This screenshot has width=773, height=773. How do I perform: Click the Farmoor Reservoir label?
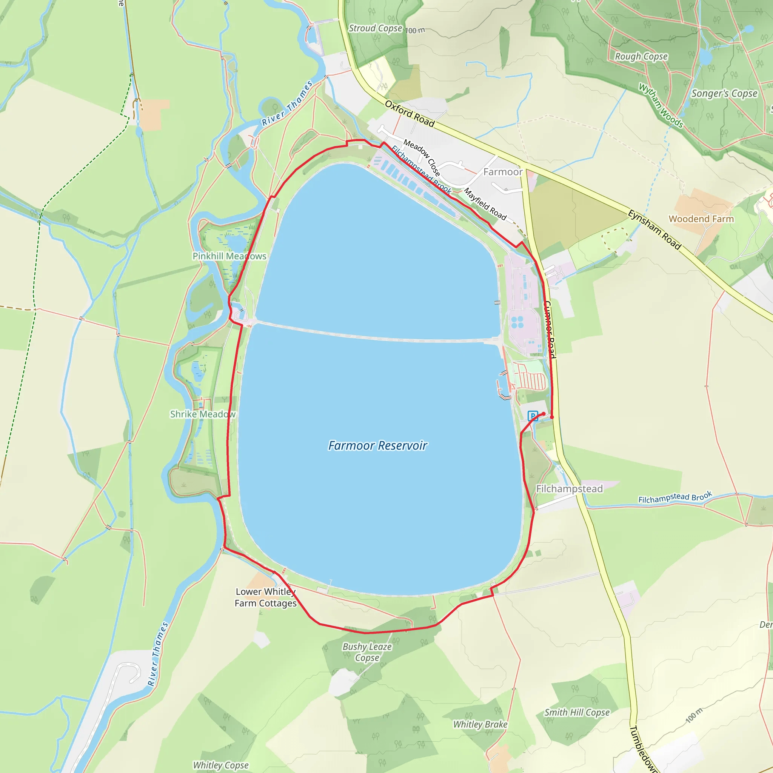click(x=378, y=445)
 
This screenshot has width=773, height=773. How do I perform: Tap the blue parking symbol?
click(x=533, y=416)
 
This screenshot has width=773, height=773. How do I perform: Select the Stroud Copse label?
click(x=375, y=28)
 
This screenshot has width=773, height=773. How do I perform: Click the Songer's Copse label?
click(x=724, y=94)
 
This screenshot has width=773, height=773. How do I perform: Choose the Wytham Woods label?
click(x=661, y=105)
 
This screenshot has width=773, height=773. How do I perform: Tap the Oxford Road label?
click(x=409, y=114)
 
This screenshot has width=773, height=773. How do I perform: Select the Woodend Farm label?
click(x=701, y=219)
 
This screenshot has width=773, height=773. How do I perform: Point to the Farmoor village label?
click(x=503, y=172)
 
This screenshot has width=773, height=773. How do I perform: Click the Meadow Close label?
click(x=422, y=157)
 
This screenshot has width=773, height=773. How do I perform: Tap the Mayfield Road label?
click(x=485, y=204)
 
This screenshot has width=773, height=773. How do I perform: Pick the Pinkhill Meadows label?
click(x=229, y=256)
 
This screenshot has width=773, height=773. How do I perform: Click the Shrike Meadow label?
click(x=203, y=414)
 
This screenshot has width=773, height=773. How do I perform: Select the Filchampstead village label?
click(x=569, y=489)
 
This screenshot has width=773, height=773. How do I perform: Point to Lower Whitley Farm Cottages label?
click(x=266, y=597)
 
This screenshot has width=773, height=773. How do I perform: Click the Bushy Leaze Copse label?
click(x=367, y=652)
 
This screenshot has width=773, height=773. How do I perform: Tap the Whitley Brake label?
click(x=480, y=724)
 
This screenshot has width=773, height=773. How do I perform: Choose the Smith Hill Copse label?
click(x=577, y=712)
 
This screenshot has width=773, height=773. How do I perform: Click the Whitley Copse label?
click(x=221, y=765)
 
